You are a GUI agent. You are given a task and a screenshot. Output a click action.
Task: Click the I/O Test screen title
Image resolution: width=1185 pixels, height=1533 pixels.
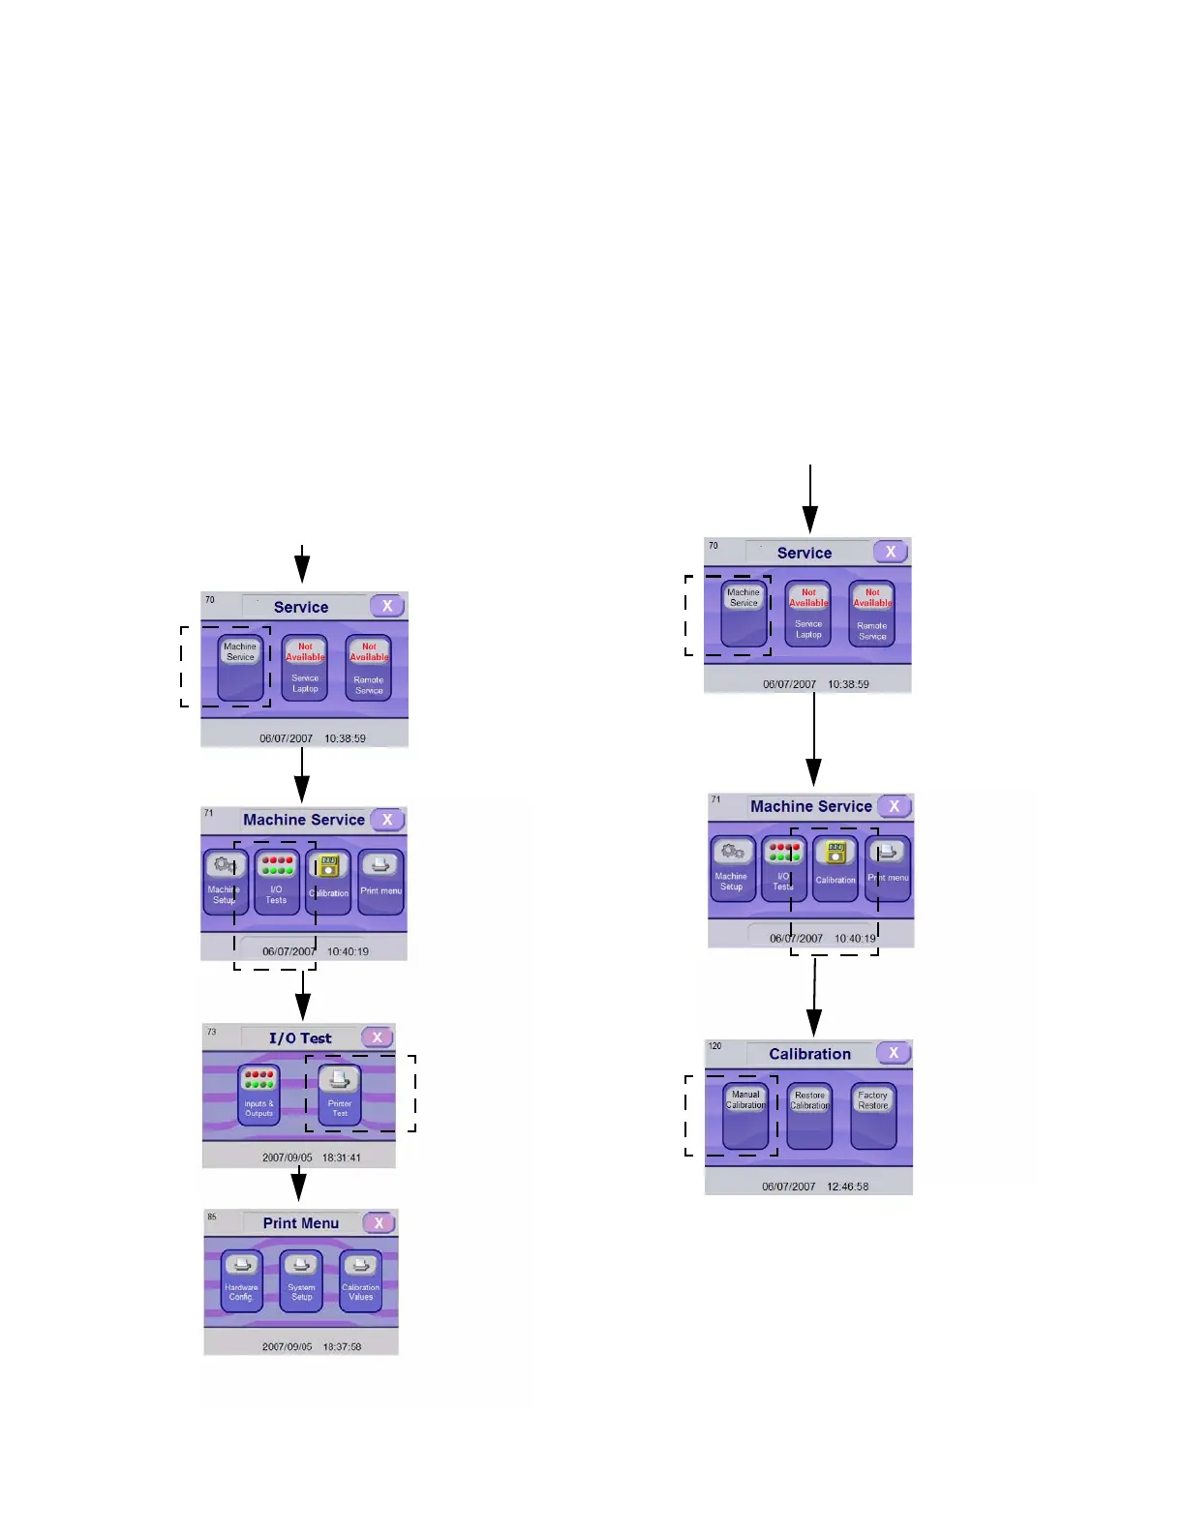click(300, 1038)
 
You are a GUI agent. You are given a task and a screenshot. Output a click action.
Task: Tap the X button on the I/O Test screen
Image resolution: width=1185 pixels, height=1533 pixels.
click(378, 1037)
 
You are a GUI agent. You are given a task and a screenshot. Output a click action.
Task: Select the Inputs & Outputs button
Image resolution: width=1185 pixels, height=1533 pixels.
click(258, 1095)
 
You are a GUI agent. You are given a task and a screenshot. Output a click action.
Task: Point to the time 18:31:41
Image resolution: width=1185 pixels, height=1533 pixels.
click(342, 1157)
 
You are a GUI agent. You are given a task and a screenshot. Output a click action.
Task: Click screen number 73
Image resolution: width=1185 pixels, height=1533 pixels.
click(212, 1032)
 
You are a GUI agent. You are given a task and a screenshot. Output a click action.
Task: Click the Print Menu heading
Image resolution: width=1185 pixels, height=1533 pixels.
click(301, 1223)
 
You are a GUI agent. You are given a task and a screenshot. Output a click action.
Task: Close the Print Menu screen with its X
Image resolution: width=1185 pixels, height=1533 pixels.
click(380, 1223)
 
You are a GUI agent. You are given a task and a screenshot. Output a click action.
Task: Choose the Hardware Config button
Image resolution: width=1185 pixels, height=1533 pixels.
click(242, 1280)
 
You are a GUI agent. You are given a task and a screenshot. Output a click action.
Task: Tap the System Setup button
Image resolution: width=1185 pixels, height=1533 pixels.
click(301, 1280)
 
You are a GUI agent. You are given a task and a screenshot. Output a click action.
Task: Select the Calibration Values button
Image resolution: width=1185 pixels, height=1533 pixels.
click(360, 1280)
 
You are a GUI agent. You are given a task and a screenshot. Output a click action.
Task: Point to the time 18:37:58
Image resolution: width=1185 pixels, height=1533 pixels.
click(342, 1346)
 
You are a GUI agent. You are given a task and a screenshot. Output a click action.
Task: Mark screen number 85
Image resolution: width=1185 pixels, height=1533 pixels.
click(212, 1217)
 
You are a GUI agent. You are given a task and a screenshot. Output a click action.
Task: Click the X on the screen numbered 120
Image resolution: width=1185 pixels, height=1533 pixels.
click(894, 1053)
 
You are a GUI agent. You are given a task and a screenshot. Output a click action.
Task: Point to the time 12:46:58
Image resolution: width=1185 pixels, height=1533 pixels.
click(848, 1187)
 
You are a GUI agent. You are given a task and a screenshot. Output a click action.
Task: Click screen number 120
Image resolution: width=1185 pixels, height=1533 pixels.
click(715, 1046)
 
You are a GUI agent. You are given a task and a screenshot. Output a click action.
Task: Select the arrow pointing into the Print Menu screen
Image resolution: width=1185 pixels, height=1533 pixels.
click(300, 1185)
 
